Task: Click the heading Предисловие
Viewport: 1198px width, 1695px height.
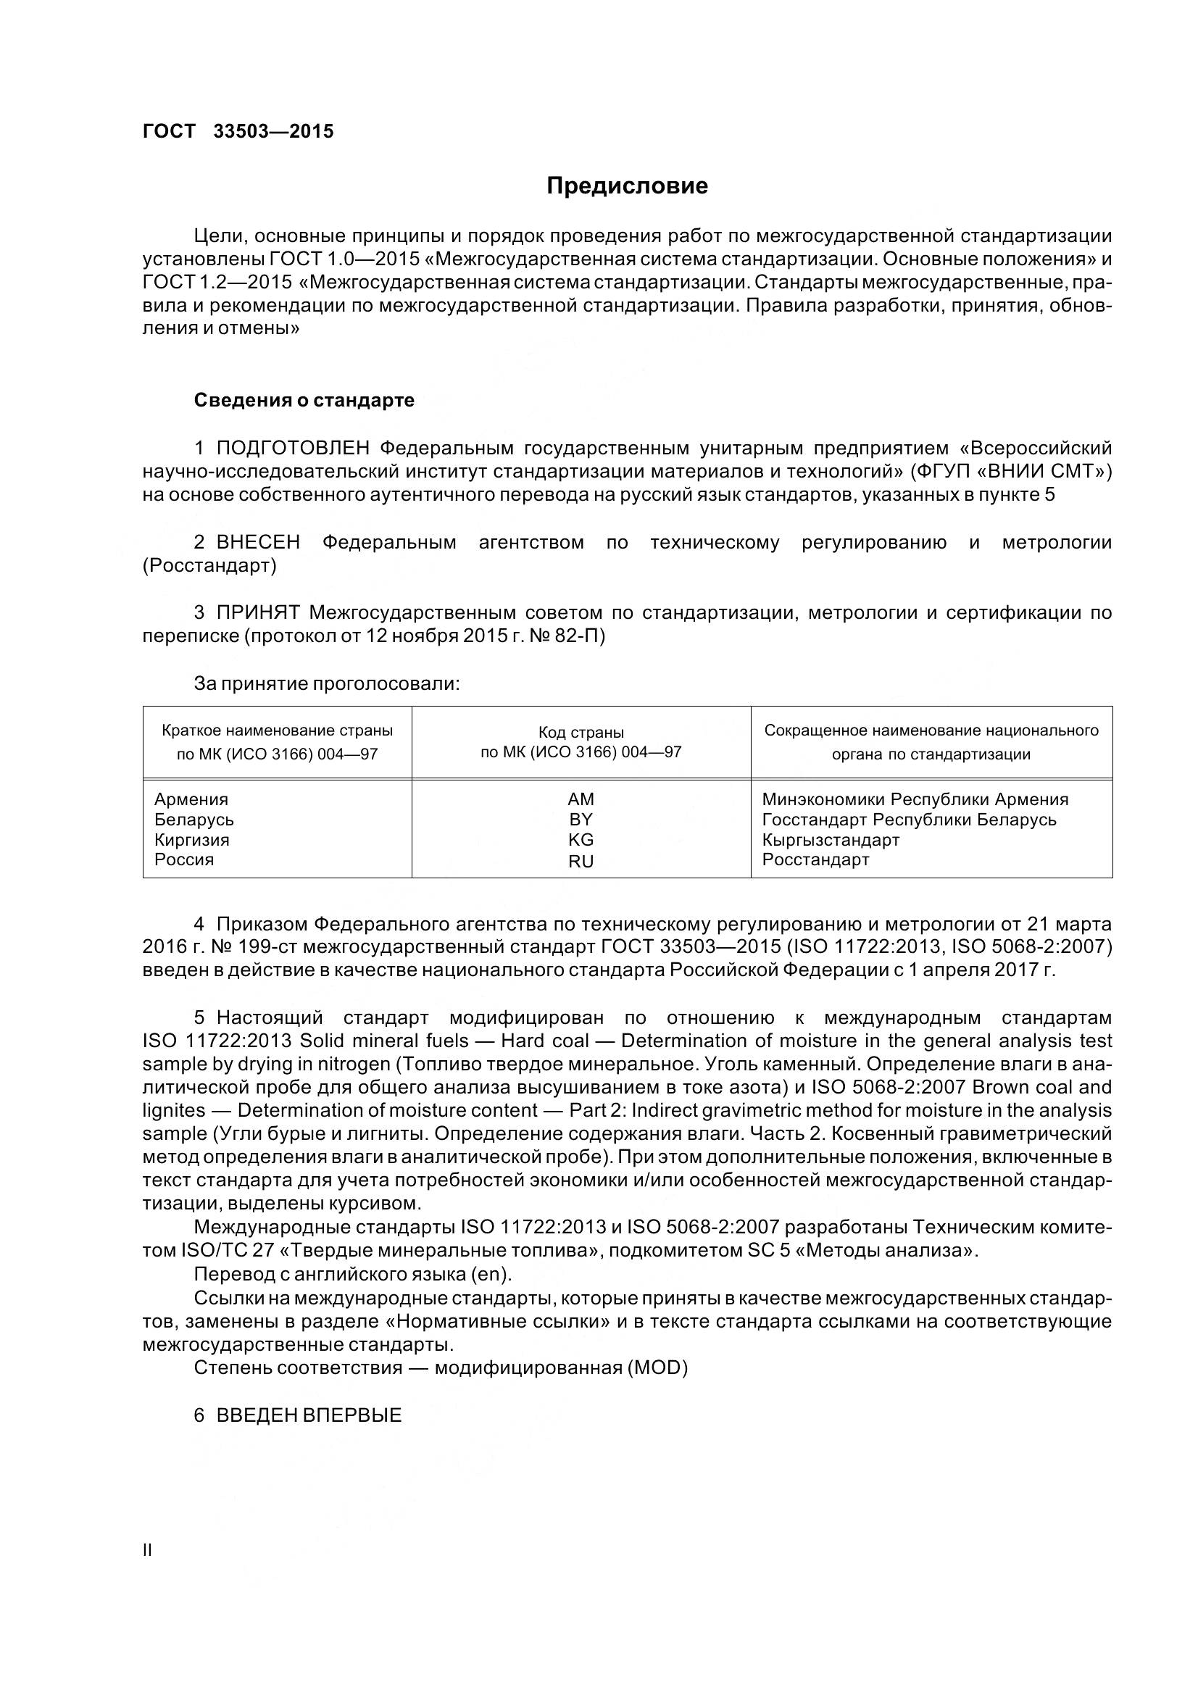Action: point(627,186)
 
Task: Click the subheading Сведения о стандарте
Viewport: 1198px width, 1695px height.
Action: point(304,400)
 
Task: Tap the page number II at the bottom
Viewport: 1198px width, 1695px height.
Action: point(148,1550)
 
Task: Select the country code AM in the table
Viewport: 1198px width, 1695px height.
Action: point(581,799)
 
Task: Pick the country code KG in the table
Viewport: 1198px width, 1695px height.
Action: point(581,840)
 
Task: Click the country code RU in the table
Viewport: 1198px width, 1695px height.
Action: point(581,862)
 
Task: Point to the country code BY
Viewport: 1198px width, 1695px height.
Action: point(581,820)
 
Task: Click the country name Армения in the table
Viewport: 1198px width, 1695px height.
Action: point(191,799)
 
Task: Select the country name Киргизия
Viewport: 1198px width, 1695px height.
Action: point(192,840)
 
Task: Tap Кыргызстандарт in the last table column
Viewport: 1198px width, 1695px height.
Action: point(831,840)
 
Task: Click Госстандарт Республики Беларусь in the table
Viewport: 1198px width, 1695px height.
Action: point(909,820)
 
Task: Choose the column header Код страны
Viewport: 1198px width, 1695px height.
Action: point(581,733)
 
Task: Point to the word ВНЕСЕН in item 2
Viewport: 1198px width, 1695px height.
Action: point(258,543)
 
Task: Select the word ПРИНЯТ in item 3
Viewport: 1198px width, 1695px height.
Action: point(258,613)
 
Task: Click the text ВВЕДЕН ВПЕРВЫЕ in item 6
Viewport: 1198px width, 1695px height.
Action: point(309,1415)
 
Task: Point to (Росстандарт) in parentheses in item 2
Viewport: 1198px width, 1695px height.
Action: point(209,566)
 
